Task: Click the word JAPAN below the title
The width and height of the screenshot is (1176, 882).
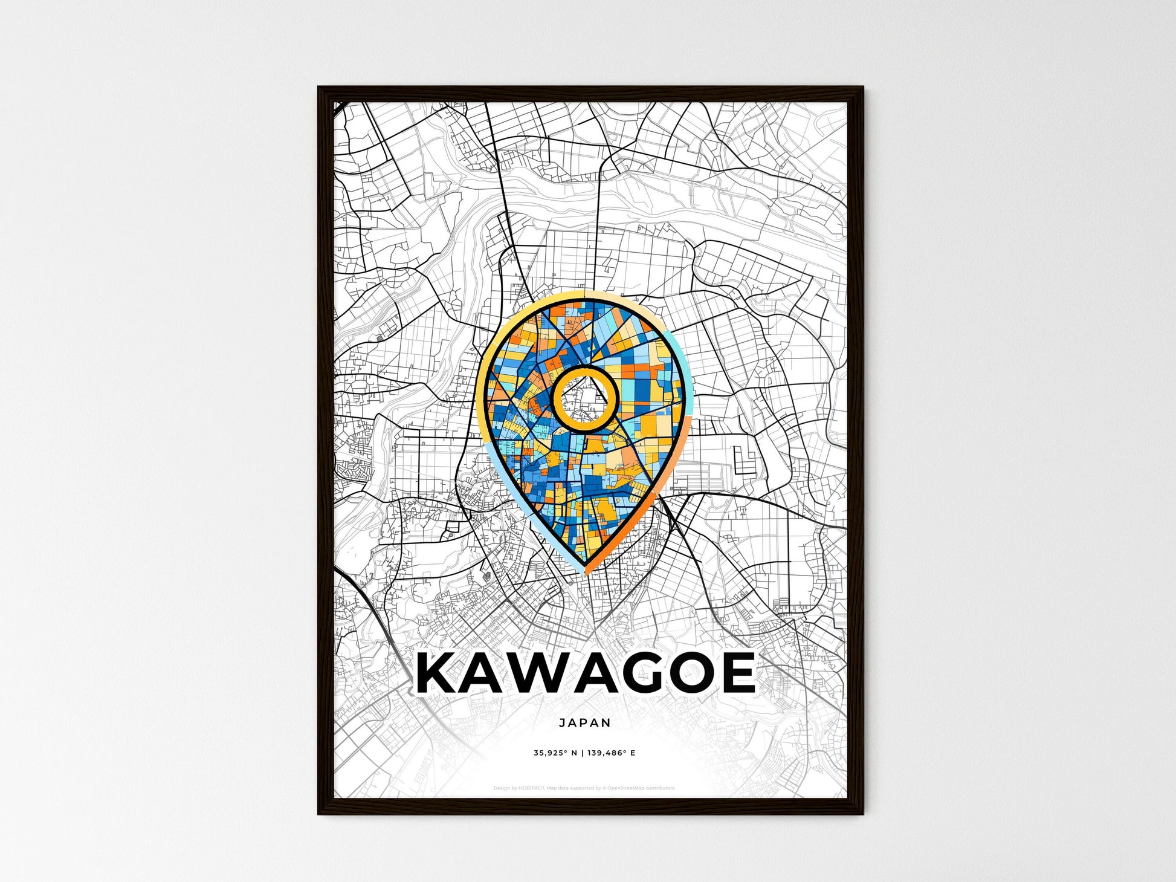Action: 584,722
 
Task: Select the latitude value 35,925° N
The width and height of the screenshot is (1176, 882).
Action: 555,753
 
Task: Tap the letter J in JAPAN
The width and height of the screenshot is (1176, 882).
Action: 562,722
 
